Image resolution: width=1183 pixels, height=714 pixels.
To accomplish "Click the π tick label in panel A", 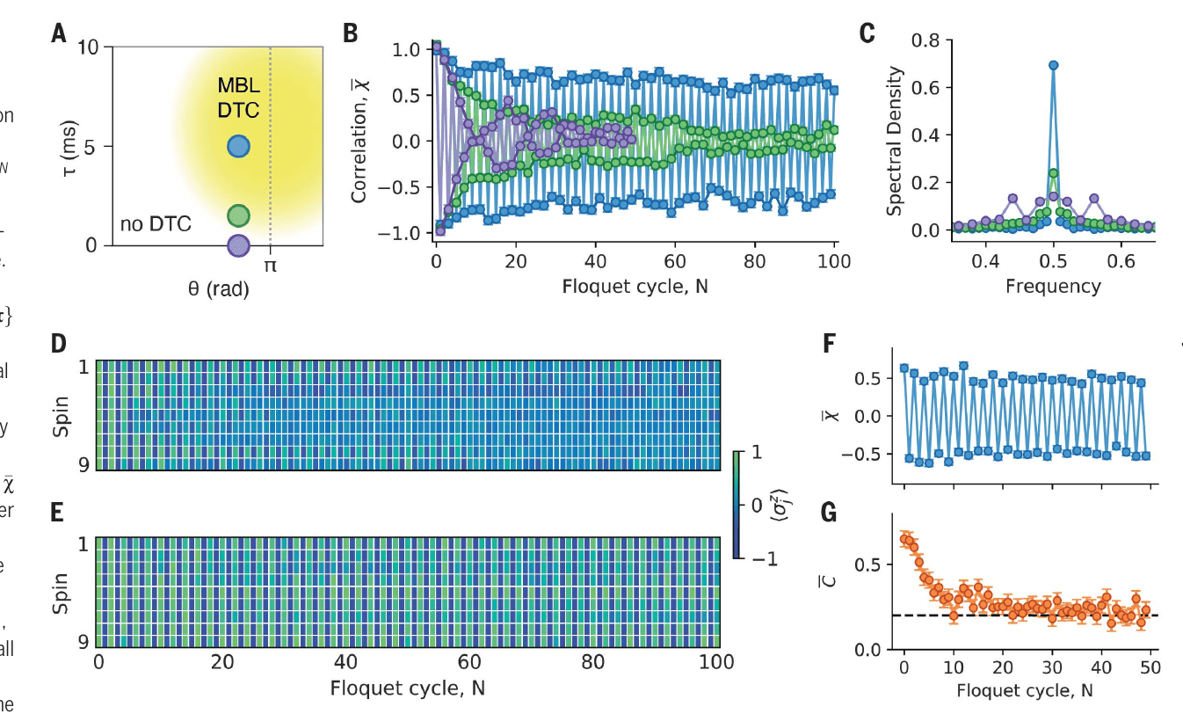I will pos(270,264).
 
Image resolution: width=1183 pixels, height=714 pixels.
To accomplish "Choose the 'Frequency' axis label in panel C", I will pos(1053,286).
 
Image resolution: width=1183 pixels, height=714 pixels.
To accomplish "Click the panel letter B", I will pos(351,34).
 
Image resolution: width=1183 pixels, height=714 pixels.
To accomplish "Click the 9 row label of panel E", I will pos(83,640).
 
